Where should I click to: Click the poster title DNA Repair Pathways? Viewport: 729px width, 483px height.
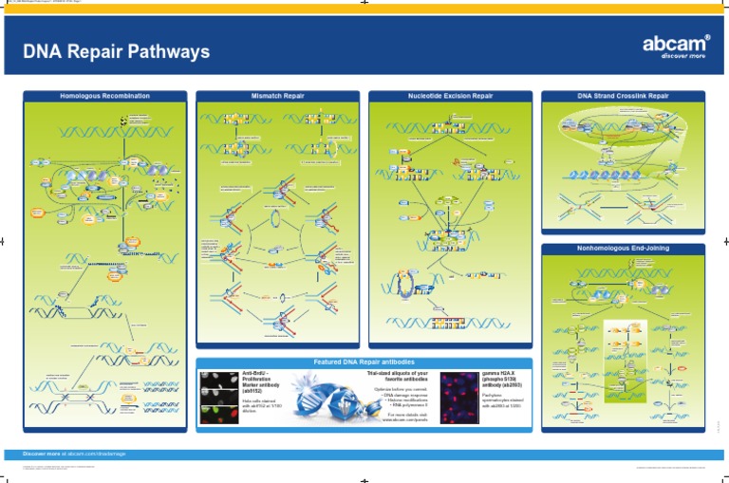[116, 51]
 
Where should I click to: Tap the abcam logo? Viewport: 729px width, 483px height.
[675, 44]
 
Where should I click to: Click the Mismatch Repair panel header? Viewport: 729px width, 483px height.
[277, 96]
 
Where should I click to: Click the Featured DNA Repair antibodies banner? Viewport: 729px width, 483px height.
[364, 362]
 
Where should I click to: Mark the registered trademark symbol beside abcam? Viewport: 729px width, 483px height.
[706, 36]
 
